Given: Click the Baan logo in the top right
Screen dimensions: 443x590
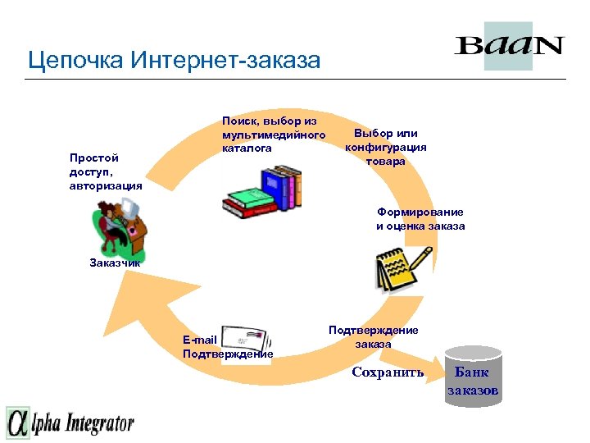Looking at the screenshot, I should coord(508,45).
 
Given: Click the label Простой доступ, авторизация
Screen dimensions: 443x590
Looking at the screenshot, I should coord(106,171).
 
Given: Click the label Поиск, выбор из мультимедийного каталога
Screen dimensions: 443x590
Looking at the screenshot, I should coord(273,135).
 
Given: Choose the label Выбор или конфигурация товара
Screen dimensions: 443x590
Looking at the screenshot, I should coord(385,147).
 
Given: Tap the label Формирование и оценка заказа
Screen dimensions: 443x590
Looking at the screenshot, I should coord(420,218).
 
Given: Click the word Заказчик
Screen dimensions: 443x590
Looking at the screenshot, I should coord(115,263).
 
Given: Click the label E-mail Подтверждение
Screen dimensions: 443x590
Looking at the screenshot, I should coord(227,347).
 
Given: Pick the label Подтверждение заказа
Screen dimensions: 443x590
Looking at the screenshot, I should coord(373,336).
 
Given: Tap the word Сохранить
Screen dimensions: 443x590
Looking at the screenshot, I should coord(388,372).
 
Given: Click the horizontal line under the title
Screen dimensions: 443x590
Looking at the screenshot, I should coord(295,79).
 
